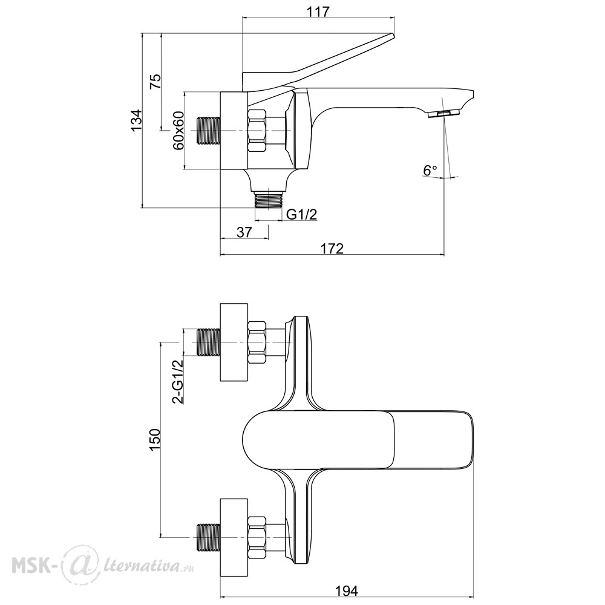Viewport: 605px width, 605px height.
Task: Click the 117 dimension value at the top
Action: point(319,12)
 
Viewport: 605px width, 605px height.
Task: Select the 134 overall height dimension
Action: point(136,120)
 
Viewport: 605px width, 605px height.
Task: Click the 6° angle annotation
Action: point(430,170)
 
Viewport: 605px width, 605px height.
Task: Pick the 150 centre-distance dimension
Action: point(154,439)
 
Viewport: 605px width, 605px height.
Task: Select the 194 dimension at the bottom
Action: point(346,590)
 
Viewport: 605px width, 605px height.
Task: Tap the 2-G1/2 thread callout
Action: point(178,382)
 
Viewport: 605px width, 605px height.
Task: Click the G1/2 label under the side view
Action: point(302,214)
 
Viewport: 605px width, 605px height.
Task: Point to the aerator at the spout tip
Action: point(443,114)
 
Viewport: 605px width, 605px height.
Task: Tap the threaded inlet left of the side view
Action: point(208,131)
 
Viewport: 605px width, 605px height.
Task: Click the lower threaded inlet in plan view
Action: point(208,537)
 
